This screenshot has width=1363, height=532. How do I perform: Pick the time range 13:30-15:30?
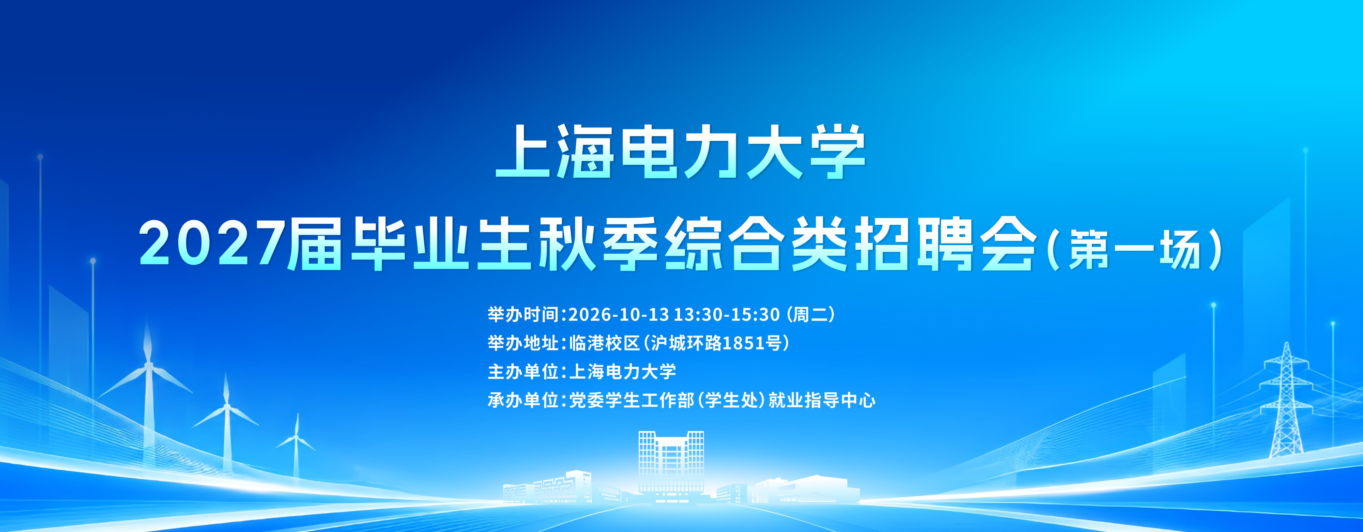pyautogui.click(x=727, y=315)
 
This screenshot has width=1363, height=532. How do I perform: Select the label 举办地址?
pyautogui.click(x=523, y=343)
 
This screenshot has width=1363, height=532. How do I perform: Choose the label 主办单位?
pyautogui.click(x=523, y=372)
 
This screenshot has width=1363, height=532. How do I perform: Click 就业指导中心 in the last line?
pyautogui.click(x=822, y=400)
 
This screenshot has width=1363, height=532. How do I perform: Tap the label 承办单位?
pyautogui.click(x=523, y=400)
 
